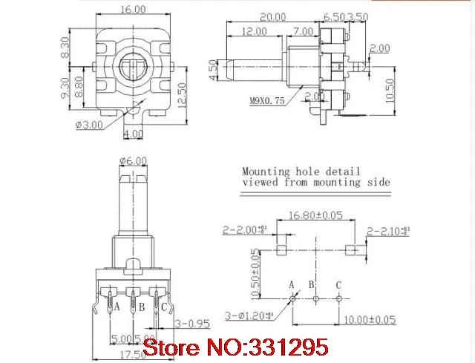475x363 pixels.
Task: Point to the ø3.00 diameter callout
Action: [x=90, y=124]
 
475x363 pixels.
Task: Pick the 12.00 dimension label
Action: [x=255, y=32]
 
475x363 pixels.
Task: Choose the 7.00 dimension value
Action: [x=302, y=32]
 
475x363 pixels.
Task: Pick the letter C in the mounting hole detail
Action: [x=339, y=284]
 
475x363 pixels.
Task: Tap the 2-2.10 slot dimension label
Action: [x=387, y=230]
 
